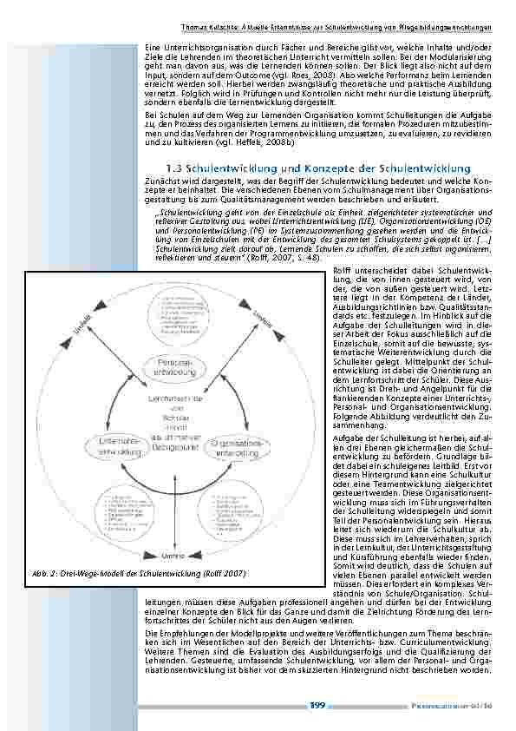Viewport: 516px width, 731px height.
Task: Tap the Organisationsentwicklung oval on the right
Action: [x=235, y=448]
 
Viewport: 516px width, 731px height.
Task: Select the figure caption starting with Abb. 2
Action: [x=142, y=574]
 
